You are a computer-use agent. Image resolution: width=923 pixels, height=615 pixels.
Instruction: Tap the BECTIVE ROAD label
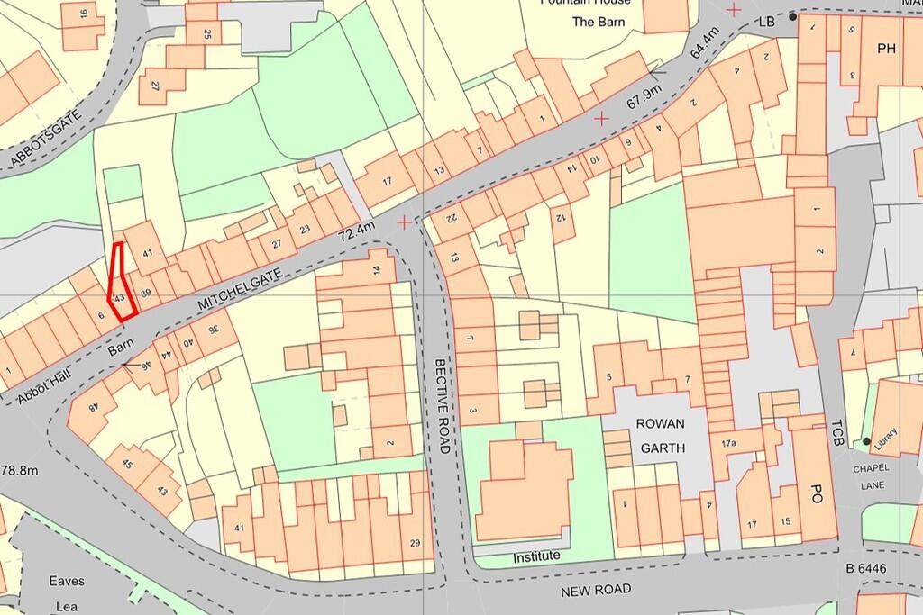pyautogui.click(x=441, y=393)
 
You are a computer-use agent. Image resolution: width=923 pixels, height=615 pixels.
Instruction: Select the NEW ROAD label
pyautogui.click(x=595, y=590)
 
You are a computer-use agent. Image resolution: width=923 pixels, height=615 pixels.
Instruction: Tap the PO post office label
pyautogui.click(x=816, y=493)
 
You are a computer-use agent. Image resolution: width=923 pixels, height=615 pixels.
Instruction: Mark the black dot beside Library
pyautogui.click(x=866, y=441)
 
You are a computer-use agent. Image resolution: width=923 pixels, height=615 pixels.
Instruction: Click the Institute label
pyautogui.click(x=536, y=556)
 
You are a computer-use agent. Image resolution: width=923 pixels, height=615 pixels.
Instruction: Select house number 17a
pyautogui.click(x=728, y=443)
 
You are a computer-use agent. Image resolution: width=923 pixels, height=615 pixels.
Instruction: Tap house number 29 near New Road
pyautogui.click(x=415, y=542)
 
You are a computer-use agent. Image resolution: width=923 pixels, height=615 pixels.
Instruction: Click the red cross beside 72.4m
pyautogui.click(x=403, y=221)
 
